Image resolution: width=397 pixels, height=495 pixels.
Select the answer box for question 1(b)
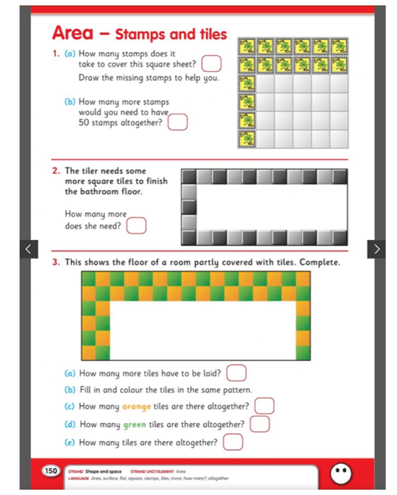click(x=178, y=122)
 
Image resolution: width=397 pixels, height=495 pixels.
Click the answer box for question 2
click(x=136, y=226)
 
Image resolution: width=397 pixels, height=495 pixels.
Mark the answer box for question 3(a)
click(x=236, y=373)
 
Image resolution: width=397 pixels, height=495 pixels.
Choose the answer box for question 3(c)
click(x=264, y=406)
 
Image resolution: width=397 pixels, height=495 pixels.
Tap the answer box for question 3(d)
click(x=259, y=424)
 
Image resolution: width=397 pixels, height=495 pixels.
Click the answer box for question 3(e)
click(x=233, y=442)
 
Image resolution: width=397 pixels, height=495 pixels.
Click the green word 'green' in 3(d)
click(x=135, y=424)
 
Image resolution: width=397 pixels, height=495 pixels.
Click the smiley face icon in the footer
click(x=340, y=471)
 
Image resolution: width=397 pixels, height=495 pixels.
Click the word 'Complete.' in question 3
click(x=319, y=262)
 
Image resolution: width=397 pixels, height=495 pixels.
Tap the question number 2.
click(x=56, y=171)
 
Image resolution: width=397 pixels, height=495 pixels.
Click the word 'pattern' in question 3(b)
click(x=235, y=390)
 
